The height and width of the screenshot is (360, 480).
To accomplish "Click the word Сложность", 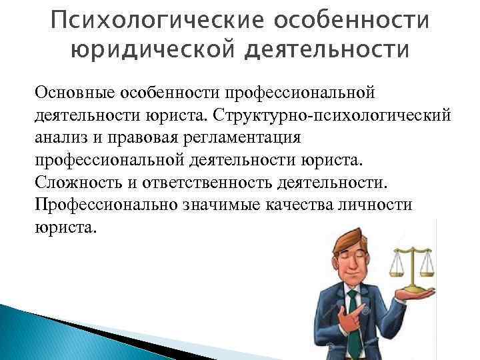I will coord(71,182).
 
